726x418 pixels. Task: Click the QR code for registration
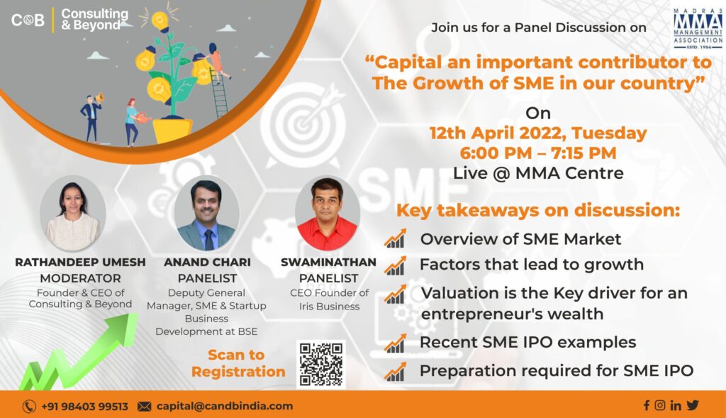(321, 364)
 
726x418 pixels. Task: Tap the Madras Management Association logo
(698, 28)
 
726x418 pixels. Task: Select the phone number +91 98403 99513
(85, 407)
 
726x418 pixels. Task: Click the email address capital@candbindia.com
(225, 407)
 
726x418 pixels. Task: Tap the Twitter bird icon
(693, 405)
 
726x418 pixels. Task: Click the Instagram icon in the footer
(660, 405)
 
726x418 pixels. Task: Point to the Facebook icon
(647, 405)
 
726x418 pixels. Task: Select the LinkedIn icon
(676, 405)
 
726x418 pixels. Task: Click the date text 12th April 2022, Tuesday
(538, 133)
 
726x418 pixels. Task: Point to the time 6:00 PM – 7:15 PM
(538, 153)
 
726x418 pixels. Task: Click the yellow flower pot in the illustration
(172, 131)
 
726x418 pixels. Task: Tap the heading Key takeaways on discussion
(538, 210)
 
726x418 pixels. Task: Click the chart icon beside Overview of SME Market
(395, 238)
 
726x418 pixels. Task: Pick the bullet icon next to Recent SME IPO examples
(395, 343)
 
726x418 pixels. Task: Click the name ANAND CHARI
(207, 263)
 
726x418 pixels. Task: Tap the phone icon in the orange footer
(29, 407)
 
